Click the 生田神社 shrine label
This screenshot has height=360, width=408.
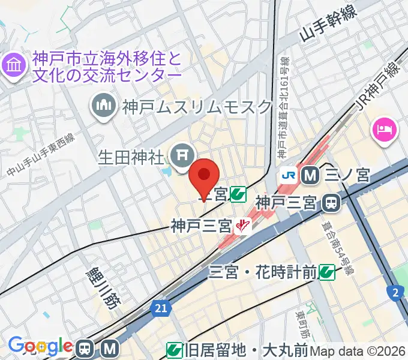coord(131,158)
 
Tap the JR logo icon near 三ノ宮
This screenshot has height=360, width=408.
coord(289,175)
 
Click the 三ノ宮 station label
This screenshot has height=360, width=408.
coord(347,175)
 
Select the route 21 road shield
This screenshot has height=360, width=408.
coord(159,308)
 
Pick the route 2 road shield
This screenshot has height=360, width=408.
coord(395,292)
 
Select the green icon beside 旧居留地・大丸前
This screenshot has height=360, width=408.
coord(175,349)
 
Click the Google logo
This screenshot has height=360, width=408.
coord(40,346)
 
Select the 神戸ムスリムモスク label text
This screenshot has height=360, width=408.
coord(197,107)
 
